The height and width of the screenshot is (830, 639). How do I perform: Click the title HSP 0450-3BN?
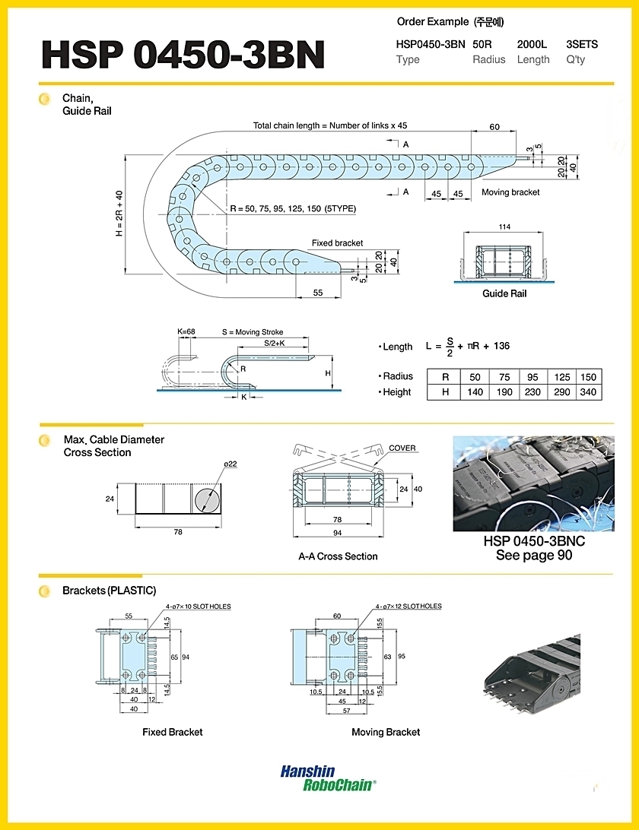[183, 55]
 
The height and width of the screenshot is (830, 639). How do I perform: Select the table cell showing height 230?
[532, 392]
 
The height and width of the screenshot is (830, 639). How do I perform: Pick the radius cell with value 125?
[561, 377]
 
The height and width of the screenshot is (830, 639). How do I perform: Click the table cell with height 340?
[588, 392]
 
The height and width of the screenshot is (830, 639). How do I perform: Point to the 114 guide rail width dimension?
[504, 227]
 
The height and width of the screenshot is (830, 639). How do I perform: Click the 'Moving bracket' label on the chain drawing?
[510, 192]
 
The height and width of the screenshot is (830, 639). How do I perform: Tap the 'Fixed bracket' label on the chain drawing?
[337, 243]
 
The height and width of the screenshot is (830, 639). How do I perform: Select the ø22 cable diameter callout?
[230, 464]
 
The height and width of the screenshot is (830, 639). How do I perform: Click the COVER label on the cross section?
[402, 448]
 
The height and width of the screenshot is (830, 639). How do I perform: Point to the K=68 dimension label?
[186, 332]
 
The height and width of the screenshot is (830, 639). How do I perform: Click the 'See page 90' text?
[534, 556]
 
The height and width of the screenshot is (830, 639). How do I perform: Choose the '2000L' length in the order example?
[532, 44]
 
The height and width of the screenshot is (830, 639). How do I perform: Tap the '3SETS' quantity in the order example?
[582, 44]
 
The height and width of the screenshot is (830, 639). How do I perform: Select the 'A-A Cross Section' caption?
[338, 556]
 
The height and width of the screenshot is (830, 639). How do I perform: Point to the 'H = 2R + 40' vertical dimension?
[119, 214]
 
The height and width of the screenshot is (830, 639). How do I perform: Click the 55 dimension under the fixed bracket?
[318, 293]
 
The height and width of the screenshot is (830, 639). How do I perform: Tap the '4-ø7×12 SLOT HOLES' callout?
[409, 606]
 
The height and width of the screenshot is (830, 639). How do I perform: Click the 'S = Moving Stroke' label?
[253, 332]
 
